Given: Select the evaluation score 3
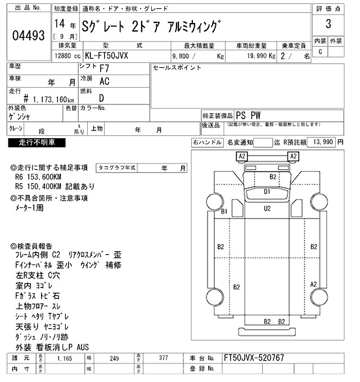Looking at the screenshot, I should (327, 25).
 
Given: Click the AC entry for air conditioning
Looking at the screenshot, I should (104, 82).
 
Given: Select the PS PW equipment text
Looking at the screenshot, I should (253, 115).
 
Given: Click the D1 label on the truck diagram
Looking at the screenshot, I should (268, 192).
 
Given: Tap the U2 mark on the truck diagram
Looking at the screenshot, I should (268, 208).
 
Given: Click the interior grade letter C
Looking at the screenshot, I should (320, 52).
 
